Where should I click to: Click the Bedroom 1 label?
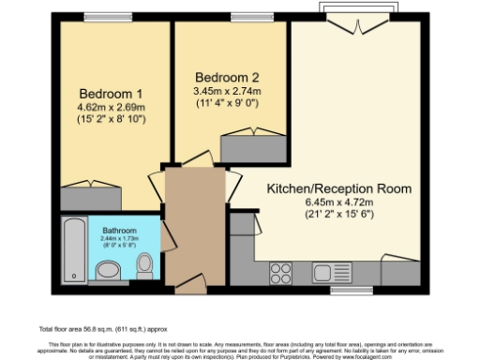point(111,95)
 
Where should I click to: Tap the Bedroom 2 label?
point(226,77)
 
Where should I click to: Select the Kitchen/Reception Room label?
point(339,188)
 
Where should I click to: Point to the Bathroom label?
point(119,231)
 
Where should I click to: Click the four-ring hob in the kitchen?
point(282,273)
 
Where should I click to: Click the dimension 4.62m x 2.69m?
point(111,108)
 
